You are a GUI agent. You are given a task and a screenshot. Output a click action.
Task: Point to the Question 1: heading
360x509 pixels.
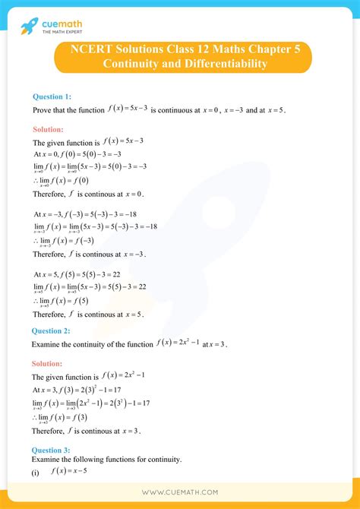pos(52,96)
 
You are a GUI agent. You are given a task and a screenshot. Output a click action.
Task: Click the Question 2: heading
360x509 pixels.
pos(52,330)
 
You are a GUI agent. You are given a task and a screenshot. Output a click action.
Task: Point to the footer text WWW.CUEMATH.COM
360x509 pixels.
pos(180,492)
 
